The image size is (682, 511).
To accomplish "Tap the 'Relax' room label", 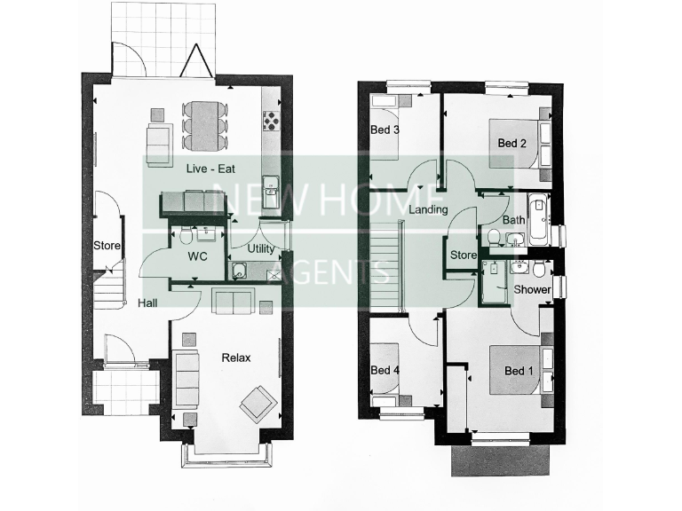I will coord(236,358).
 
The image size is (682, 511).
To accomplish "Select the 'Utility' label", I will coord(261,249).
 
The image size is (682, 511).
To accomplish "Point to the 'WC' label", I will coord(197,256).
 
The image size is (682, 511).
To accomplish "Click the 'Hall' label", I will coord(148,303).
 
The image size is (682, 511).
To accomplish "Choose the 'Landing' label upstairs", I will coord(427,209).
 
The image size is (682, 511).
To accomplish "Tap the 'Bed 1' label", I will coord(518,371).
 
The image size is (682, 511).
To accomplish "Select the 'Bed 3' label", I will coord(385,130).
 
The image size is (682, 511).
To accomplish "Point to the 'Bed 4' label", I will coord(385,370).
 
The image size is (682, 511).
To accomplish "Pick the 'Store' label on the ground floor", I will coord(107,246).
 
